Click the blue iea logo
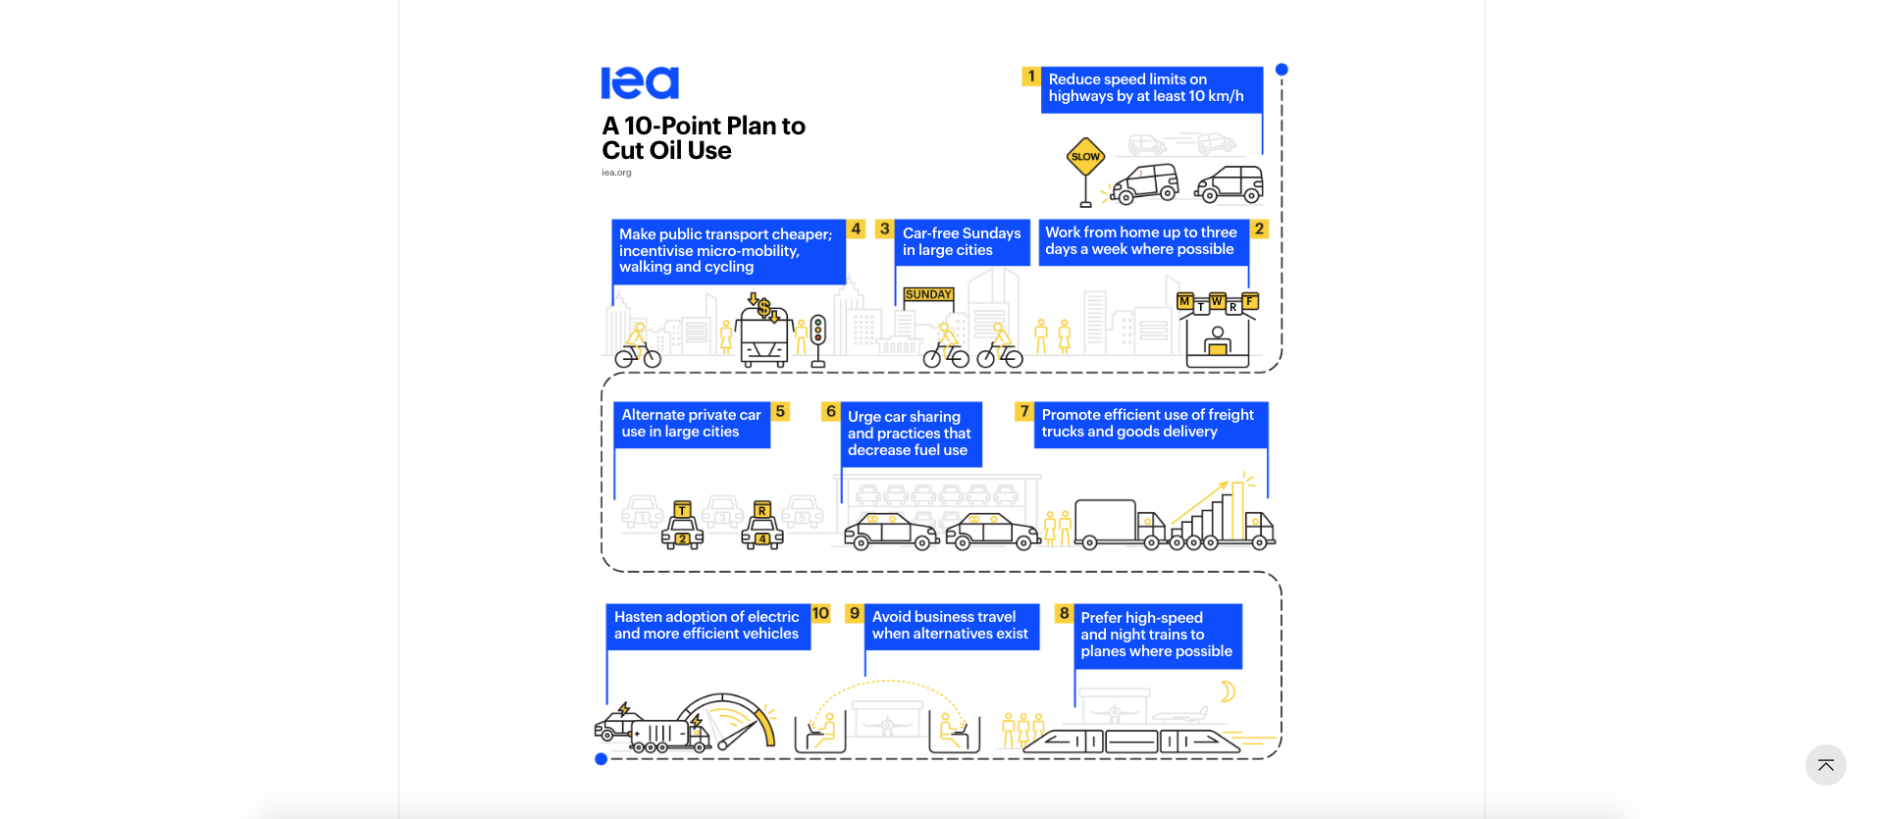pos(640,83)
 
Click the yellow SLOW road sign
pos(1085,157)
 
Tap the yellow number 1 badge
pos(1030,77)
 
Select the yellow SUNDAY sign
pos(928,294)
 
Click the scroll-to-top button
pos(1825,765)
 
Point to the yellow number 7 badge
pos(1024,411)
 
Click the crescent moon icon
pos(1227,692)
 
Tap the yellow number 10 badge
pos(820,613)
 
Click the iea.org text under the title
pos(616,173)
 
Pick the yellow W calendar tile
pos(1217,301)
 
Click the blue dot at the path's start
pos(1282,70)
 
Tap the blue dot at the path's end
pos(602,759)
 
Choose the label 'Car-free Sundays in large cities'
pos(962,241)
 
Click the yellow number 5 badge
pos(780,411)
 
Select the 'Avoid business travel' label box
pos(950,626)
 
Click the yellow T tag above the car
pos(682,510)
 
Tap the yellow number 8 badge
pos(1064,613)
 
